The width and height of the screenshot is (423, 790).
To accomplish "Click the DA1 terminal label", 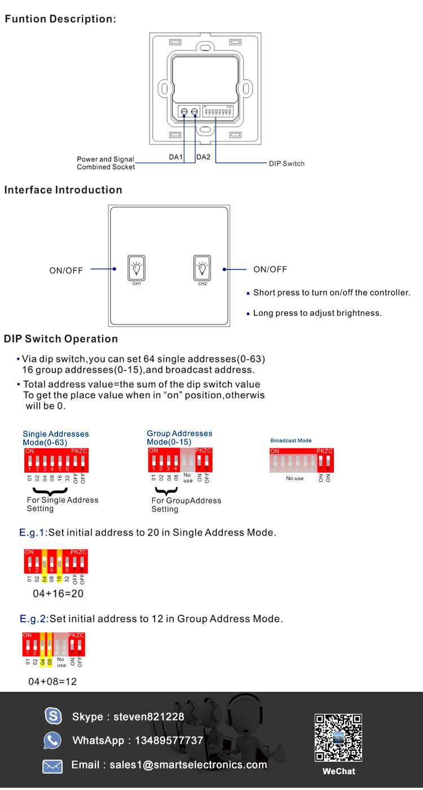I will coord(176,157).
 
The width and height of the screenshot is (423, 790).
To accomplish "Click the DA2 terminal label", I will coord(203,157).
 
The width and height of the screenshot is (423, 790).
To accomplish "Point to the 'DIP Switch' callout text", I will coord(286,164).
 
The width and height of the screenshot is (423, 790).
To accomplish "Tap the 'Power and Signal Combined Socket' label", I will coord(106,163).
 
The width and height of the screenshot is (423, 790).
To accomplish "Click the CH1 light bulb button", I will coord(136,268).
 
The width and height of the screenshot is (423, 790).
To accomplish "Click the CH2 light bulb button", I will coord(202,268).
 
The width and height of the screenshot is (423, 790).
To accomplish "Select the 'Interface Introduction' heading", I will coord(63,190).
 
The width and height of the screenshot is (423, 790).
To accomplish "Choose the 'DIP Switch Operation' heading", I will coord(61,339).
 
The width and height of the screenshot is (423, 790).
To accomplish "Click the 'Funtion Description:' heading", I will coord(60,19).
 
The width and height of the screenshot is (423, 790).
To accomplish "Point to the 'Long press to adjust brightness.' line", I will coord(317,313).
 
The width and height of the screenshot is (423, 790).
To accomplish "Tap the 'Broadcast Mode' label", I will coord(291,441).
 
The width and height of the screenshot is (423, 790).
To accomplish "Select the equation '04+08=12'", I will coord(52,682).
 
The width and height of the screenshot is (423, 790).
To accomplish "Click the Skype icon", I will coord(53,716).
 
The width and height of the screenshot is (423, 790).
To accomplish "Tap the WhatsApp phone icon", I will coord(52,740).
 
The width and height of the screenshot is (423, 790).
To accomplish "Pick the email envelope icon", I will coord(52,766).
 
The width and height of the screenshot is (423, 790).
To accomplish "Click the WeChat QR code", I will coord(338,738).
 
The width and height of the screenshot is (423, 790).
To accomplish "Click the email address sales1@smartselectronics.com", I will coord(188,765).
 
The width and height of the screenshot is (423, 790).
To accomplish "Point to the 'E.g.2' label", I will coord(33,619).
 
